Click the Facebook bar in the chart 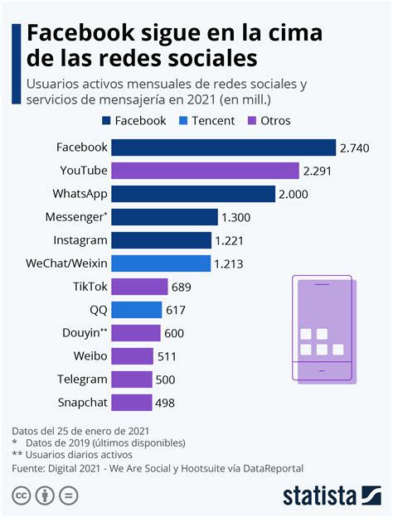point(224,147)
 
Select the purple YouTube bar point(205,171)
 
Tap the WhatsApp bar point(193,194)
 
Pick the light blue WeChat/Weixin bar point(161,263)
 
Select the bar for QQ point(136,310)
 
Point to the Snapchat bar point(132,403)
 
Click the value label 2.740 point(360,147)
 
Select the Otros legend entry point(268,121)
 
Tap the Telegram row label point(82,379)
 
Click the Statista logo point(330,495)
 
